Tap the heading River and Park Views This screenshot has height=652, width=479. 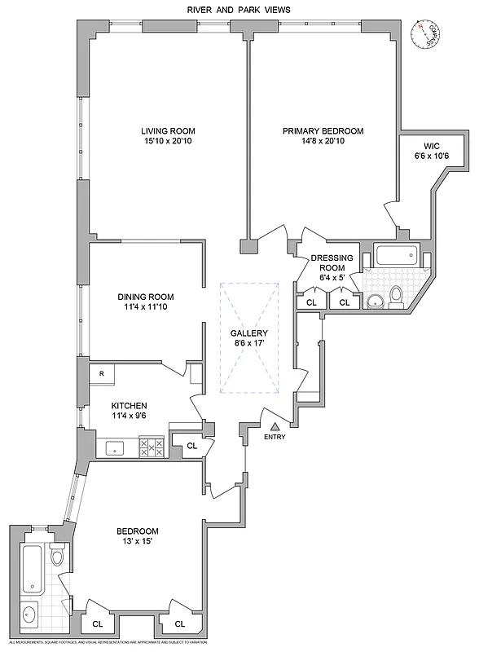pos(239,9)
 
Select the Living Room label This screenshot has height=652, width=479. pos(168,131)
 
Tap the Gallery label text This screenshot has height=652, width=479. pos(248,333)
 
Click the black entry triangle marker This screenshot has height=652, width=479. pos(275,425)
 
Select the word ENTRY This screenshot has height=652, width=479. pos(275,438)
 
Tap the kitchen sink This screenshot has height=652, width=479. pos(115,447)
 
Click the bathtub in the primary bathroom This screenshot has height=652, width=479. pos(398,258)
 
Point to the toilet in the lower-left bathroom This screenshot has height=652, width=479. pos(57,557)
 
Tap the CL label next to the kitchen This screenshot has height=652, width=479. pos(191,446)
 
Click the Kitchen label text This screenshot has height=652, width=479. pos(129,405)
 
